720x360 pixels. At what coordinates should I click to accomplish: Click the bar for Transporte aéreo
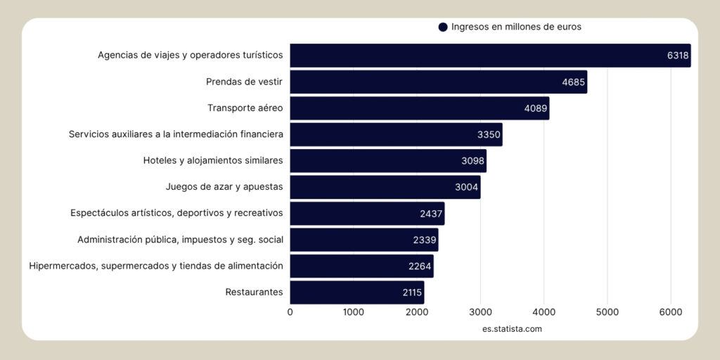[419, 108]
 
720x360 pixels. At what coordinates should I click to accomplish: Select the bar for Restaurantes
[356, 292]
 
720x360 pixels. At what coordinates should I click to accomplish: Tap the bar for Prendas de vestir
[438, 82]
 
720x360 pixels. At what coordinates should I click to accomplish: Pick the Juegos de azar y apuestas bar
[385, 187]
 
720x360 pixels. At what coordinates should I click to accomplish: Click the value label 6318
[678, 56]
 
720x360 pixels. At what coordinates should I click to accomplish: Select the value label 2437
[431, 214]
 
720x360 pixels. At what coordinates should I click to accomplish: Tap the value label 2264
[420, 266]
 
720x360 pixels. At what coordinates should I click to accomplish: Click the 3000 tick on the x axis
[480, 312]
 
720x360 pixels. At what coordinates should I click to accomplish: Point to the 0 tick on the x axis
[290, 312]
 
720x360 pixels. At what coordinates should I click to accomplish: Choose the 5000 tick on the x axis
[607, 312]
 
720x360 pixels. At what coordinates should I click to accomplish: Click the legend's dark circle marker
[443, 27]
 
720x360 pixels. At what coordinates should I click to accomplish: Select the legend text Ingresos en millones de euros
[516, 27]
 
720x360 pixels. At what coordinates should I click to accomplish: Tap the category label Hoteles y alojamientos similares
[213, 160]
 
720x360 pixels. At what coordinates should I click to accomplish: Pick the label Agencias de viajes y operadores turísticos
[190, 55]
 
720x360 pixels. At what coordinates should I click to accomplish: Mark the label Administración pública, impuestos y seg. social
[180, 240]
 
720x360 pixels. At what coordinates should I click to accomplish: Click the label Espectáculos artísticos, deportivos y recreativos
[176, 213]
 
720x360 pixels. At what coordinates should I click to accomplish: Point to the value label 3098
[472, 161]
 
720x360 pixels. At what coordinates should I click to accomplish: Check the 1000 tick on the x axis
[353, 312]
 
